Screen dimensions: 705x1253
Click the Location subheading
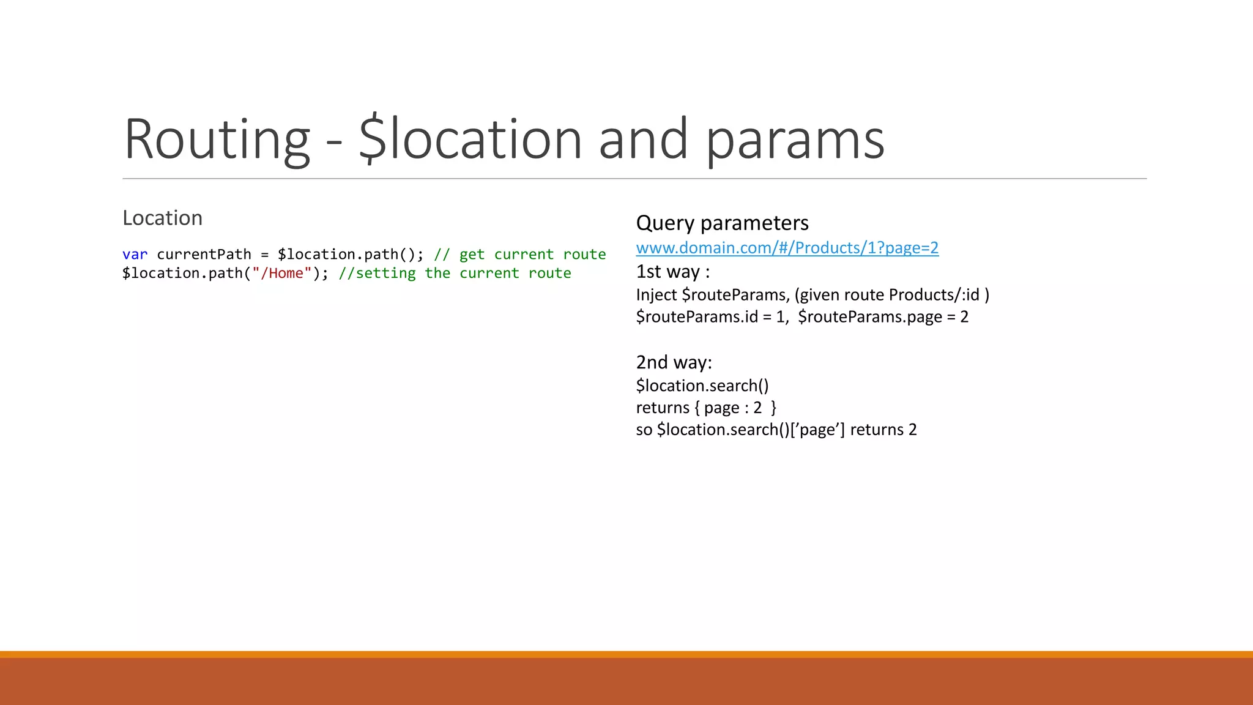tap(162, 218)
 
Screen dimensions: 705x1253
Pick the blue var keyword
tap(135, 255)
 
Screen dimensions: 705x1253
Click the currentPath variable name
tap(204, 255)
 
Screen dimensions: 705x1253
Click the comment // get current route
tap(520, 255)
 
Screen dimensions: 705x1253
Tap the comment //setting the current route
tap(455, 274)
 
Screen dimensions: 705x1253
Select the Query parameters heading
tap(722, 223)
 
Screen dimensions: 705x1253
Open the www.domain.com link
tap(787, 248)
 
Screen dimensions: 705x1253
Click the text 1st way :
tap(672, 272)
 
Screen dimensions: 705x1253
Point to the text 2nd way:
tap(674, 362)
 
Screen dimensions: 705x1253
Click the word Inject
tap(656, 295)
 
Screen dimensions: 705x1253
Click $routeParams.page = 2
tap(883, 317)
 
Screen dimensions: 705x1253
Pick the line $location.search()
tap(702, 386)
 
